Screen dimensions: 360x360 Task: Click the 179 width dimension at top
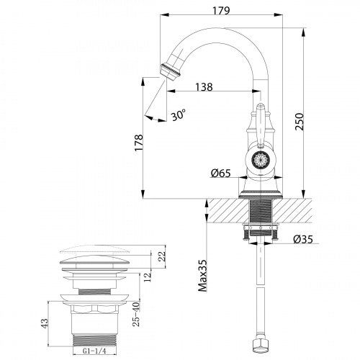point(221,11)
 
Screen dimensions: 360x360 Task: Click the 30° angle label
point(179,114)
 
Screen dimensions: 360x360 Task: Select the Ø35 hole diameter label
point(302,240)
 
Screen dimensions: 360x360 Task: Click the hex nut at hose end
point(259,348)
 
